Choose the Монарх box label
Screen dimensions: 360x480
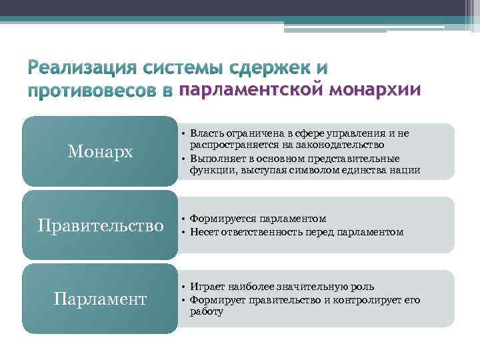[x=100, y=152]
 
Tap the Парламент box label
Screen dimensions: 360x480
[x=100, y=299]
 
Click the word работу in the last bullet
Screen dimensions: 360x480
[x=206, y=311]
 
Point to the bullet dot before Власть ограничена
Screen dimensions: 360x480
[x=183, y=133]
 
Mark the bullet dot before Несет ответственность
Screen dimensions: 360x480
[x=183, y=232]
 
